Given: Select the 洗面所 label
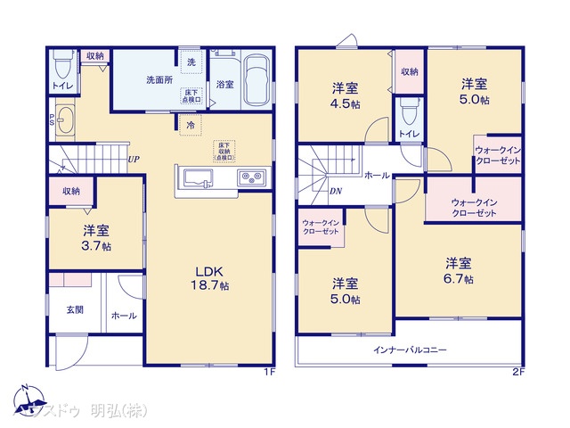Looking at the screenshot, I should (159, 79).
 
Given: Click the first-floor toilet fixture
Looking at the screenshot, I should (62, 66).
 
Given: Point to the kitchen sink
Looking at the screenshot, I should (199, 178).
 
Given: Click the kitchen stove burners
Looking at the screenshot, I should (250, 178).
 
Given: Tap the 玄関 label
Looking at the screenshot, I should (75, 309).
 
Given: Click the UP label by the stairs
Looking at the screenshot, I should (133, 160).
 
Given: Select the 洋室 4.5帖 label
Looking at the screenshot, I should (346, 94).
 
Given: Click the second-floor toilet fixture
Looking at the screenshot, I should (409, 111).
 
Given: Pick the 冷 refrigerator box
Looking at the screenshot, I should (191, 126).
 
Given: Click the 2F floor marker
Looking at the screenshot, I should (517, 371).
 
